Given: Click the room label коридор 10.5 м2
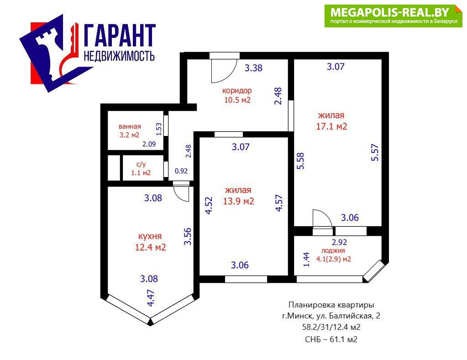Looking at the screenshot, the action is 237,95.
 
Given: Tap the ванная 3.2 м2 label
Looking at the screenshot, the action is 130,130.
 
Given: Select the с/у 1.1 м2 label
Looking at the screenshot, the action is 141,168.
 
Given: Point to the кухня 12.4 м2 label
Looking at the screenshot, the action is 150,241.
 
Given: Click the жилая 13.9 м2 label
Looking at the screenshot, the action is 238,195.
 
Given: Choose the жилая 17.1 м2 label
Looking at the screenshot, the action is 331,120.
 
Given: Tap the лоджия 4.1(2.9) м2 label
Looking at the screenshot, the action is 334,255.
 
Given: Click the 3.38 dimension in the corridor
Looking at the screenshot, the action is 253,68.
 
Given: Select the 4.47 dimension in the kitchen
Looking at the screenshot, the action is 151,298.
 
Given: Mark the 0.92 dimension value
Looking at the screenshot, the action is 181,171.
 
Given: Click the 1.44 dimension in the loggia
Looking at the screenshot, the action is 306,259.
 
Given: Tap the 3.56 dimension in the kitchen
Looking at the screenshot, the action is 188,236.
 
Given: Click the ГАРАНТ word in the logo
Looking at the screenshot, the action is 120,35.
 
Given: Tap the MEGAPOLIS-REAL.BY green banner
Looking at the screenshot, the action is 393,16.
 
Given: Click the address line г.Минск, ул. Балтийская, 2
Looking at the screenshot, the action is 331,316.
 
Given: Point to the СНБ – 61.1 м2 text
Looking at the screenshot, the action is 331,339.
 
